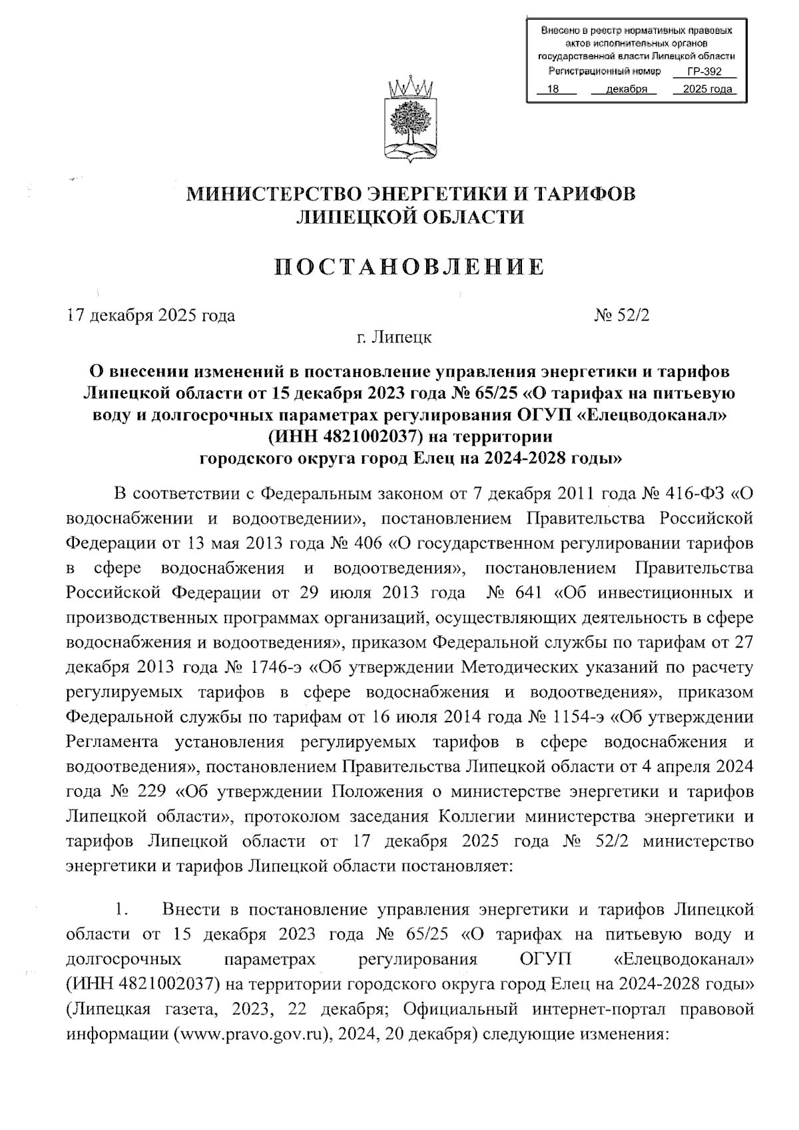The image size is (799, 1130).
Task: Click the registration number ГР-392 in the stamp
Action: click(704, 72)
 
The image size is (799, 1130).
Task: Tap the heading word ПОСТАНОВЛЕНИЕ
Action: click(409, 267)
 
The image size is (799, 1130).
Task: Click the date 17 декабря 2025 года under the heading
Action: click(151, 315)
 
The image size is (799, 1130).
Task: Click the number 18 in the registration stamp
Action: click(553, 89)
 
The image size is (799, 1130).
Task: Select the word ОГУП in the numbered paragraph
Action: click(545, 959)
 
